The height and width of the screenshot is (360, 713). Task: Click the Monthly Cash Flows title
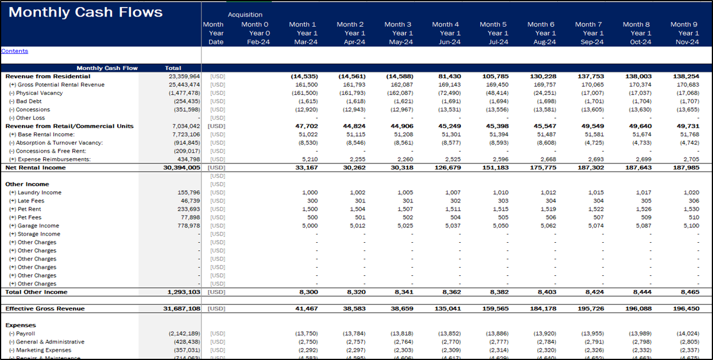pyautogui.click(x=85, y=12)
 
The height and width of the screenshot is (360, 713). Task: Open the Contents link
pyautogui.click(x=15, y=51)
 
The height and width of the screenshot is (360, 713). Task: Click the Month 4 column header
pyautogui.click(x=445, y=24)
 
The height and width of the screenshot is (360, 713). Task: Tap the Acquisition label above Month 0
pyautogui.click(x=245, y=15)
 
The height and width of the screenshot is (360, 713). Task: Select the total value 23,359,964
pyautogui.click(x=184, y=76)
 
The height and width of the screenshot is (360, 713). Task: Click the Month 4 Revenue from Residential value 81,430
pyautogui.click(x=448, y=76)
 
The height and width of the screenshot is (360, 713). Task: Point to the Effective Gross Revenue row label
pyautogui.click(x=45, y=308)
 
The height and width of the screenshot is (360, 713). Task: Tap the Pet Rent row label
pyautogui.click(x=30, y=209)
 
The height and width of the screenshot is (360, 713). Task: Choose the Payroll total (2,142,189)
pyautogui.click(x=184, y=333)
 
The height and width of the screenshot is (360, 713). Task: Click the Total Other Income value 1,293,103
pyautogui.click(x=184, y=292)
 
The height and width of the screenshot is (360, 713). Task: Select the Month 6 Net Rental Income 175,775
pyautogui.click(x=543, y=168)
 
